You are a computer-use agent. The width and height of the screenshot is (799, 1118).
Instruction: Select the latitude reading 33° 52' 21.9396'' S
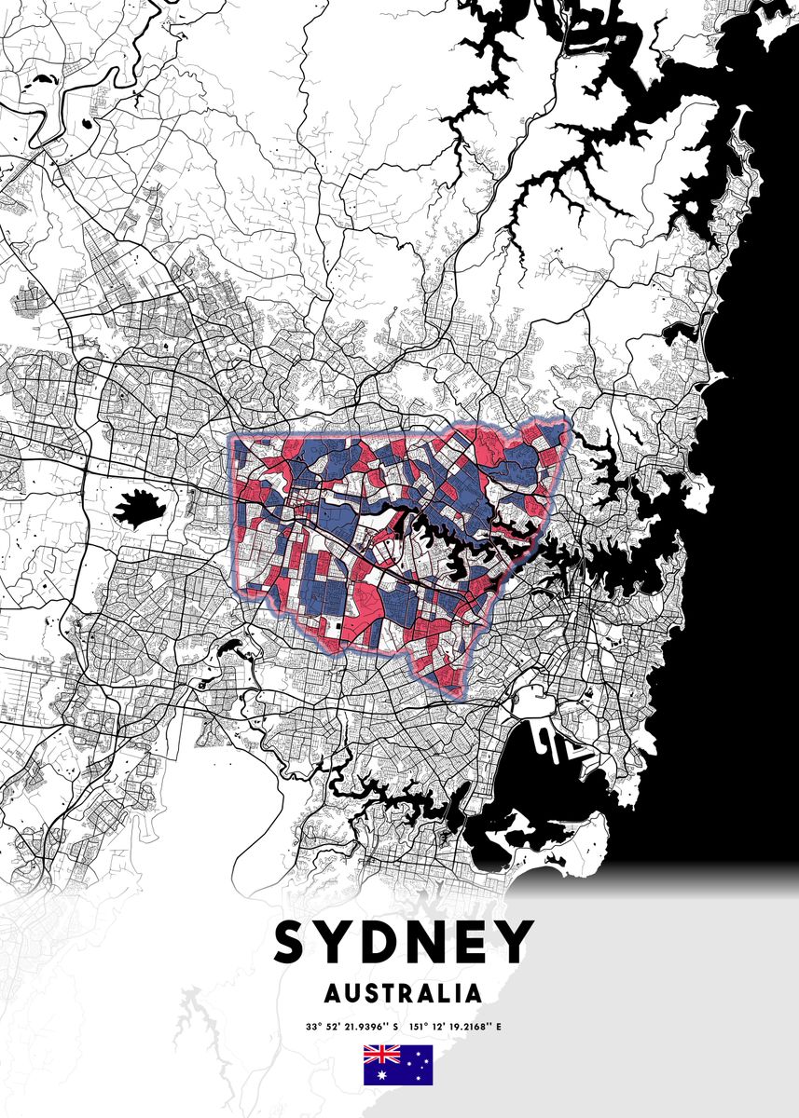coord(351,1028)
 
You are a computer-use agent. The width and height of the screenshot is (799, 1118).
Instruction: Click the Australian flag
coord(398,1065)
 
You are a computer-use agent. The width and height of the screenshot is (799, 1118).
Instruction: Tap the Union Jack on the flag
coord(380,1055)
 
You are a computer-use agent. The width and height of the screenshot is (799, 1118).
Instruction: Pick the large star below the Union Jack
coord(380,1075)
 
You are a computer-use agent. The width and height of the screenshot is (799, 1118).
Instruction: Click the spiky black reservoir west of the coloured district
coord(137,509)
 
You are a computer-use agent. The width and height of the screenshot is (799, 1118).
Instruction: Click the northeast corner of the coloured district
coord(566,421)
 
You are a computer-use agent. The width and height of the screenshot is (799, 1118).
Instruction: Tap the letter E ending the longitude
coord(499,1028)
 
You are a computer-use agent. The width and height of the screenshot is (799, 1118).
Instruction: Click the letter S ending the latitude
coord(394,1028)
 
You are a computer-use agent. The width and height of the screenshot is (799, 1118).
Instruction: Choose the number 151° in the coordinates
coord(418,1028)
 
